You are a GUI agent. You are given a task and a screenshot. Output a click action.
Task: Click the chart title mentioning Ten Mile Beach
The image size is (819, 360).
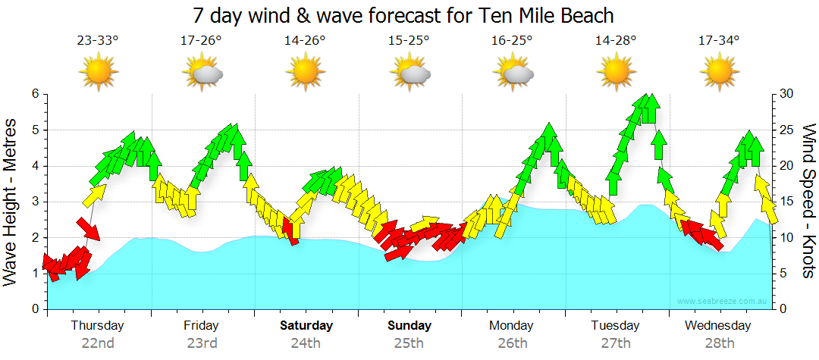coord(403,15)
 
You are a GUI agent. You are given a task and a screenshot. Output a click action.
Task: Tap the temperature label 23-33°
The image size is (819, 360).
coord(98,40)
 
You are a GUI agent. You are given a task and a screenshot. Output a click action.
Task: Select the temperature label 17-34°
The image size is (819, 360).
coord(718,40)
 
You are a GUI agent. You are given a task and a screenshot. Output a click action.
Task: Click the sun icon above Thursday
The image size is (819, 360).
coord(98,72)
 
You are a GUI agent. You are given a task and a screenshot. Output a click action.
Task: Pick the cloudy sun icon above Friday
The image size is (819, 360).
coord(202,72)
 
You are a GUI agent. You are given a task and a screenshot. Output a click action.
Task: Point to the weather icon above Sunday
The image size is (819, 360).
coord(409,72)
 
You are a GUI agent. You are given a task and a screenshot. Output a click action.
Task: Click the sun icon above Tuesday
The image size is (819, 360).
coord(616,72)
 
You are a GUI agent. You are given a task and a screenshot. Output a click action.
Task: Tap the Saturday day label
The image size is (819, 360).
coord(306,326)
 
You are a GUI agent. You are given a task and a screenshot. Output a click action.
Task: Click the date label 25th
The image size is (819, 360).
coord(409,343)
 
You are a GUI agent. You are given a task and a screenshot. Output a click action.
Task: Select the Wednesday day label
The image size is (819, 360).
coord(718,326)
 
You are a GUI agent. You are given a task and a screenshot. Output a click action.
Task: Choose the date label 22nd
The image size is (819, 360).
coord(98,343)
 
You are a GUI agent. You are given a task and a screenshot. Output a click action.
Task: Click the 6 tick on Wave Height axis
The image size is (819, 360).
coord(35,94)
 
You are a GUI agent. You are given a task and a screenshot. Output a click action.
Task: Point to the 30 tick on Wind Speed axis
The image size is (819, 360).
coord(789,94)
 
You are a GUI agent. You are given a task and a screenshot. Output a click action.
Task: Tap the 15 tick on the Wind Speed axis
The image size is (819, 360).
coord(789,202)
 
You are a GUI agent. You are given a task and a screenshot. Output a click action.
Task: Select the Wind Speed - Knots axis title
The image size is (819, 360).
coord(808,201)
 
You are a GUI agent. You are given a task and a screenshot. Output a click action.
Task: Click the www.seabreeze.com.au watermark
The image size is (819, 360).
coord(723,301)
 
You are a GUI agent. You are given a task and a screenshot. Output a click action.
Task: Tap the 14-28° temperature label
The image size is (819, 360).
coord(616,40)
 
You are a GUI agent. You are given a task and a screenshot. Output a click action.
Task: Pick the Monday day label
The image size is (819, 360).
coord(511,326)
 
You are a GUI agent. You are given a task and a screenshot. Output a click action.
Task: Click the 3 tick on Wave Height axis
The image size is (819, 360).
coord(35,202)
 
